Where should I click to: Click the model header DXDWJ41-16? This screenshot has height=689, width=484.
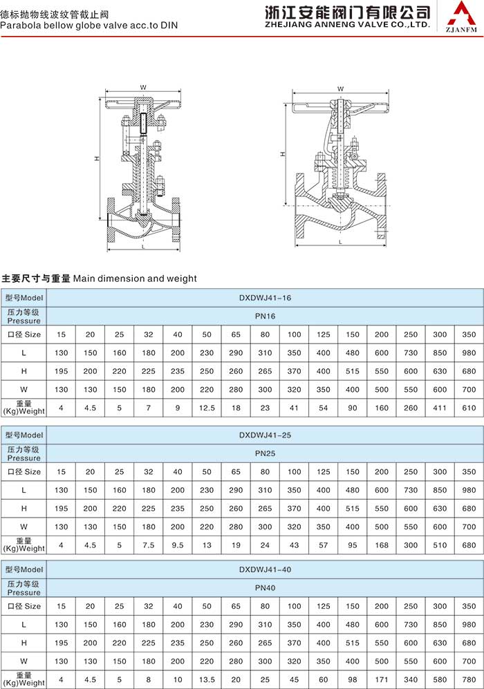(x=266, y=298)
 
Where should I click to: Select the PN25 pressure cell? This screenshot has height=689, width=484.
(x=266, y=453)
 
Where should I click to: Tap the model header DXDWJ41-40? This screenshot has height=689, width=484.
(x=266, y=570)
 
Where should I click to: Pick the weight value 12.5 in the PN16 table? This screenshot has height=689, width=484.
(x=207, y=407)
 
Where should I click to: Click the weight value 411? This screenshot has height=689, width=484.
(x=440, y=407)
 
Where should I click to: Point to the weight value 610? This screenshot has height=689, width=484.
(x=469, y=407)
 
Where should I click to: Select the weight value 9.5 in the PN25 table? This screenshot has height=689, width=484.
(x=178, y=545)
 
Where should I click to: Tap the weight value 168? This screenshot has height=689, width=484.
(x=382, y=545)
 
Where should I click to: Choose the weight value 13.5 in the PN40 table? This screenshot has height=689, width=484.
(x=207, y=679)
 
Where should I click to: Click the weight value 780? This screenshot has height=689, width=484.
(x=469, y=679)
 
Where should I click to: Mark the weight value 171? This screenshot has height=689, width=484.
(x=382, y=679)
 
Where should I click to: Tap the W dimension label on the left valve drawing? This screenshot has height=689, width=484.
(x=142, y=87)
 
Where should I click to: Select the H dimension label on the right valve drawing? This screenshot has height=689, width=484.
(x=283, y=153)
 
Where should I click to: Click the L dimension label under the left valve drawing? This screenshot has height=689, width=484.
(x=142, y=246)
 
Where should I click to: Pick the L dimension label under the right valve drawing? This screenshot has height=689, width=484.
(x=341, y=243)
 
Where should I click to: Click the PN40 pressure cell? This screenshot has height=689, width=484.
(x=266, y=588)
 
